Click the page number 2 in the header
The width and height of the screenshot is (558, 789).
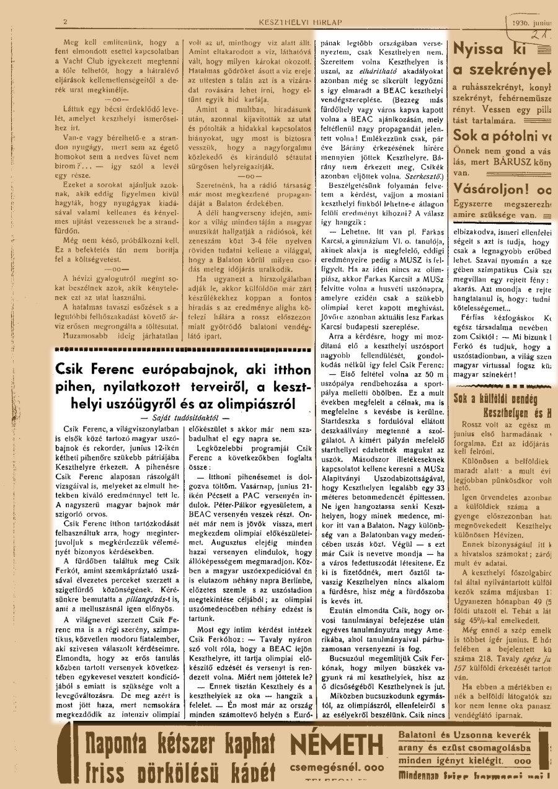[64, 23]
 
